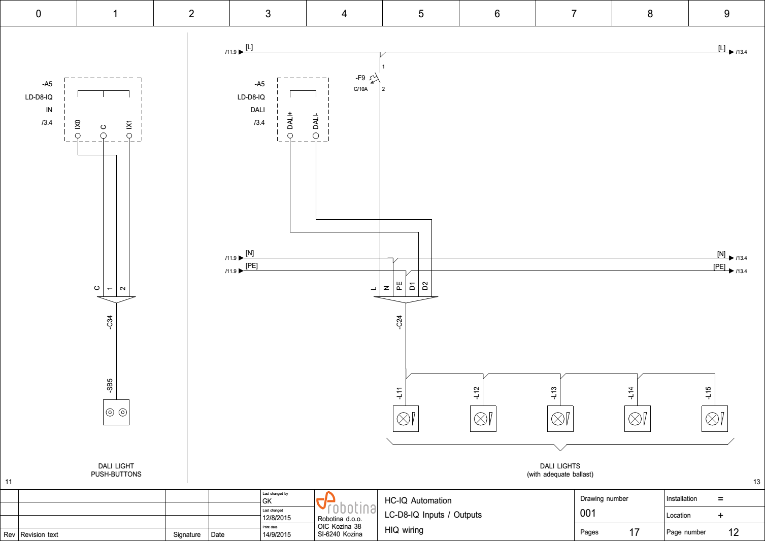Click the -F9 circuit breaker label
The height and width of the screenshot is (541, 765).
pyautogui.click(x=360, y=78)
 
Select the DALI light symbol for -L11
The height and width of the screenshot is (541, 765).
pyautogui.click(x=406, y=419)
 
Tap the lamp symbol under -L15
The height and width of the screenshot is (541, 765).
pyautogui.click(x=714, y=419)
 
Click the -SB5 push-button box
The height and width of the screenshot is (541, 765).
pyautogui.click(x=116, y=412)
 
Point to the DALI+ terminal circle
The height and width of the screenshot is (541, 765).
pyautogui.click(x=290, y=136)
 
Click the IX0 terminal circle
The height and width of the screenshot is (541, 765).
pyautogui.click(x=78, y=136)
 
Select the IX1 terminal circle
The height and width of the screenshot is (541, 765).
pyautogui.click(x=129, y=136)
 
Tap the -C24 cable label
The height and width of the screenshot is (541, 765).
pyautogui.click(x=399, y=322)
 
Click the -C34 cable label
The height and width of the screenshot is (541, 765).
pyautogui.click(x=110, y=322)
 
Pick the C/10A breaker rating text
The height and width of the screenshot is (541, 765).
pyautogui.click(x=360, y=89)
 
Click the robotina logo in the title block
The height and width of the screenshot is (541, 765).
pyautogui.click(x=346, y=503)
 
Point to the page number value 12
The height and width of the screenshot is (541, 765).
pyautogui.click(x=733, y=532)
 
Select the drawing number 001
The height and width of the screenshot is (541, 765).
pyautogui.click(x=588, y=513)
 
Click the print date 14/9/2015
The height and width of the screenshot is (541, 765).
pyautogui.click(x=277, y=534)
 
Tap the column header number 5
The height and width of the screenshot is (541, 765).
pyautogui.click(x=421, y=14)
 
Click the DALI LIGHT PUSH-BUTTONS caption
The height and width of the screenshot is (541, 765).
pyautogui.click(x=116, y=470)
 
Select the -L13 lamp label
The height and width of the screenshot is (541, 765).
pyautogui.click(x=554, y=393)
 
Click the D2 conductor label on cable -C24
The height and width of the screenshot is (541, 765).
pyautogui.click(x=425, y=286)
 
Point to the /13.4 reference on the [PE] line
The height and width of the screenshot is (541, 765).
pyautogui.click(x=741, y=271)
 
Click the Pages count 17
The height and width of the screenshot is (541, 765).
pyautogui.click(x=634, y=532)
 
